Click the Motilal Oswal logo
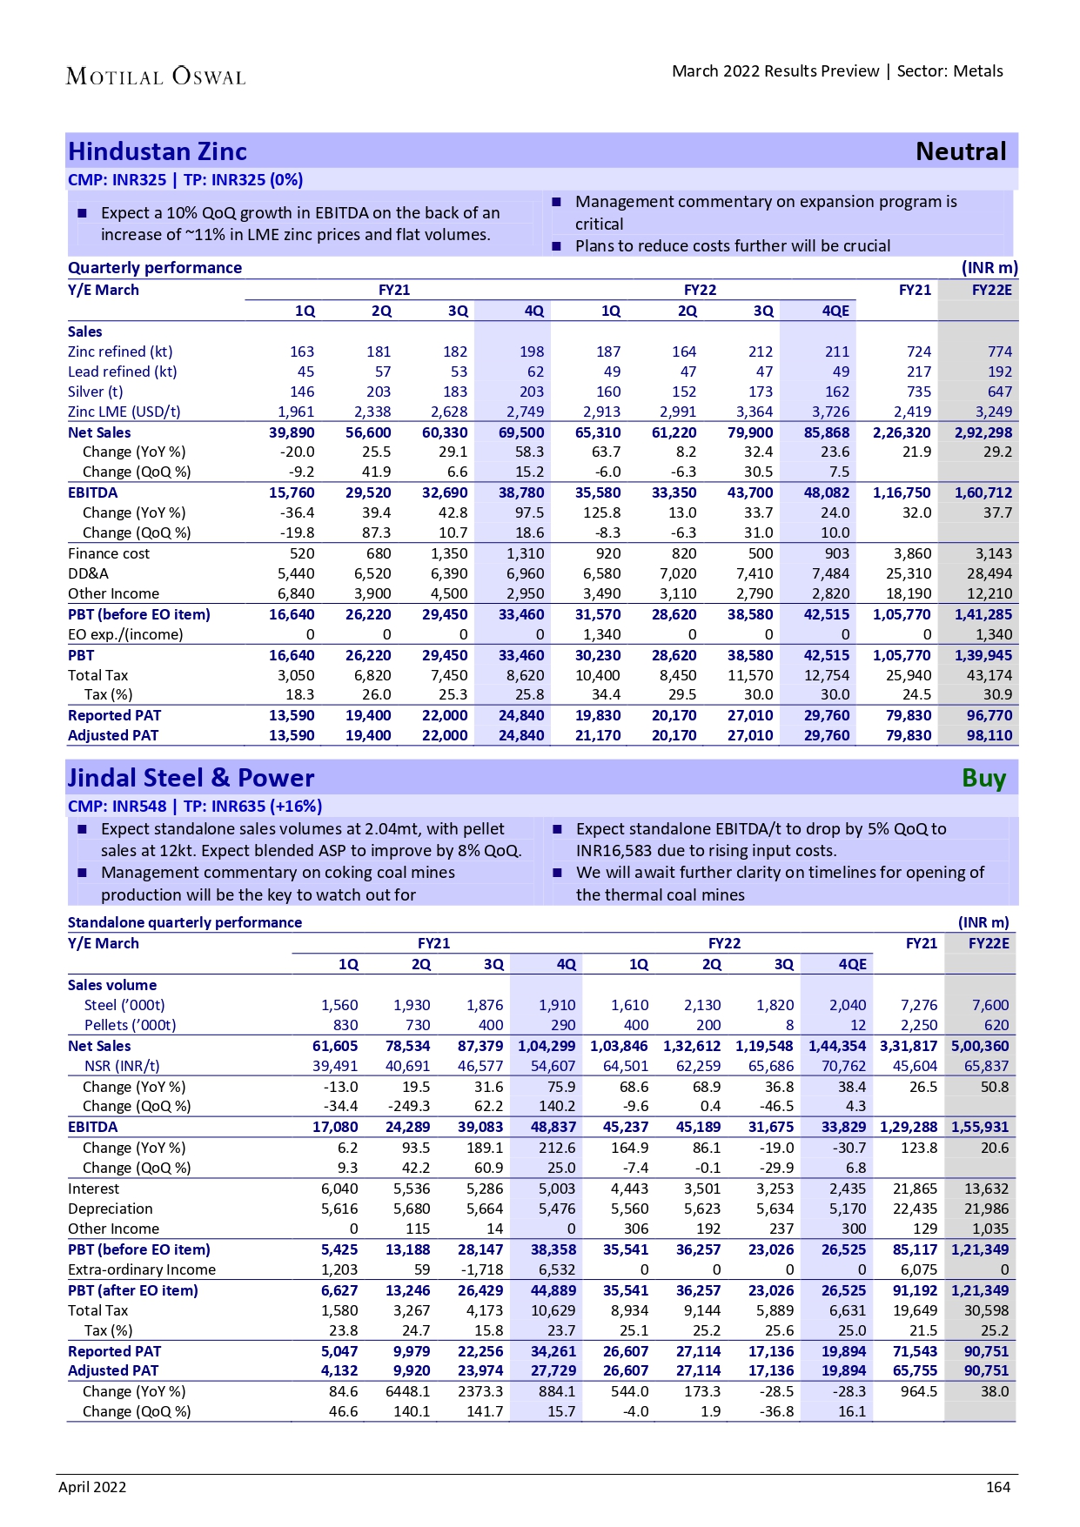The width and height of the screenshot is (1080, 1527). click(x=156, y=77)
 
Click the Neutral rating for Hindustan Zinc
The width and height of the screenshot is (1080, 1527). click(x=961, y=152)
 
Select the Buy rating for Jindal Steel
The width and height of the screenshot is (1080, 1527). click(x=983, y=779)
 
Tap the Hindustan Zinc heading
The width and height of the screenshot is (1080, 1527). click(x=158, y=152)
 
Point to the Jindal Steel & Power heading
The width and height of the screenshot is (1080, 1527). click(x=191, y=779)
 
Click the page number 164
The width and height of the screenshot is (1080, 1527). click(x=997, y=1487)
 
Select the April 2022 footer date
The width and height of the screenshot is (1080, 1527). click(x=92, y=1487)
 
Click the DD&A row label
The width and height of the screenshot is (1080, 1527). click(x=89, y=574)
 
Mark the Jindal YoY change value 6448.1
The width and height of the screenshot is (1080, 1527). click(x=407, y=1392)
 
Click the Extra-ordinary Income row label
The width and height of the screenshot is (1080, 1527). click(x=142, y=1270)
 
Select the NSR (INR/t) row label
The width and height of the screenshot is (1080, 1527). click(x=122, y=1067)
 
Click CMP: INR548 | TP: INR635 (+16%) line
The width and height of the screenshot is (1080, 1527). click(x=195, y=807)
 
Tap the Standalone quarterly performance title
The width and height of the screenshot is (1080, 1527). click(x=184, y=922)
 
